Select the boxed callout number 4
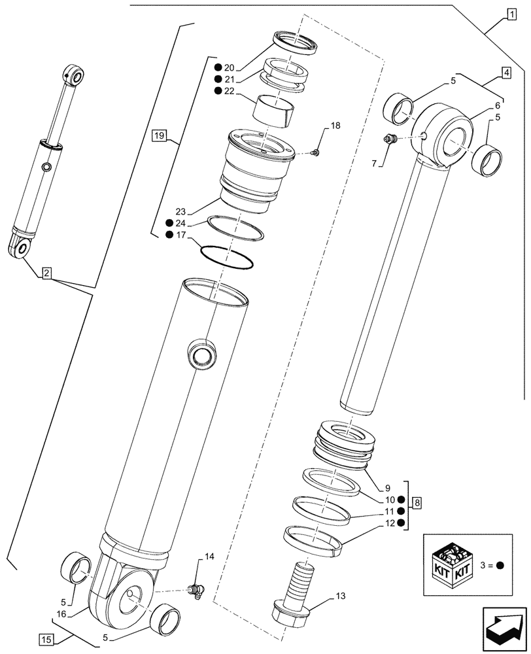(507, 73)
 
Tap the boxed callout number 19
(158, 136)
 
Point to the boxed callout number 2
(47, 273)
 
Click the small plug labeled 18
(315, 152)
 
